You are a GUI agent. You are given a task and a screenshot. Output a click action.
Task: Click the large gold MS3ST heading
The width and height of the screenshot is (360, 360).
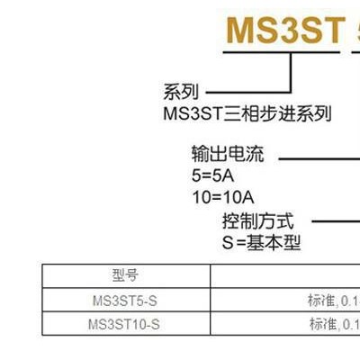(286, 31)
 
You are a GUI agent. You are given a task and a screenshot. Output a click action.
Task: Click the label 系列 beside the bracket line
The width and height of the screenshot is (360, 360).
(181, 92)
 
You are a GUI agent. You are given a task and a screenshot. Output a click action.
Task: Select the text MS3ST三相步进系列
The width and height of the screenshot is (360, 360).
(247, 113)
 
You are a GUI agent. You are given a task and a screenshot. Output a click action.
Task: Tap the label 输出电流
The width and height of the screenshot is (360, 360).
(228, 154)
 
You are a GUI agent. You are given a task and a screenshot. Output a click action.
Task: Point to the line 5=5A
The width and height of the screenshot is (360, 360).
(212, 175)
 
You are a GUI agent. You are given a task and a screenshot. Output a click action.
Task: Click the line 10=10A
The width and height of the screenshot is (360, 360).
(223, 198)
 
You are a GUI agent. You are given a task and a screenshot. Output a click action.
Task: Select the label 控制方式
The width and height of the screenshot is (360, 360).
(257, 221)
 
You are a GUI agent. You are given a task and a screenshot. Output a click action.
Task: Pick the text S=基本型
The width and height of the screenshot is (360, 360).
(261, 243)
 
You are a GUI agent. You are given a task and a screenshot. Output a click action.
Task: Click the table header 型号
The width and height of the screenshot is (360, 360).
(125, 275)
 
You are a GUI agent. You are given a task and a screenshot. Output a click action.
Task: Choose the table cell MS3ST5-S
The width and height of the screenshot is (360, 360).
(125, 301)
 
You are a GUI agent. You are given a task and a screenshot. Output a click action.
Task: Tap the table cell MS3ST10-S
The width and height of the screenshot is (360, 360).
(124, 324)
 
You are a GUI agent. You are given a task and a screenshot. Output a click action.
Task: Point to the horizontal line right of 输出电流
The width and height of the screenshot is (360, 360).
(319, 158)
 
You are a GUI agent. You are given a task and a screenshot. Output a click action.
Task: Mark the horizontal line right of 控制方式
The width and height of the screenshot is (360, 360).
(336, 221)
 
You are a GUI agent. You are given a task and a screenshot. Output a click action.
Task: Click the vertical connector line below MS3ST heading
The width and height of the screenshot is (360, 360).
(291, 73)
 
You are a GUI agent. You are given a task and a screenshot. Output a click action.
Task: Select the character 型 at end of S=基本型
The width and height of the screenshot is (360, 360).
(292, 243)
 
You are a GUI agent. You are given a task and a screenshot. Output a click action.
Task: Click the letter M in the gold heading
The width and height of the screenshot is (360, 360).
(240, 31)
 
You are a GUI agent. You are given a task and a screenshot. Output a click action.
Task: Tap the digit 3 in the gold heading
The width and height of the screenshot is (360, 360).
(291, 31)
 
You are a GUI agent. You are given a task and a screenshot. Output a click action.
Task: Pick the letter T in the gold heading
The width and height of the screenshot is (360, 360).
(334, 31)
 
